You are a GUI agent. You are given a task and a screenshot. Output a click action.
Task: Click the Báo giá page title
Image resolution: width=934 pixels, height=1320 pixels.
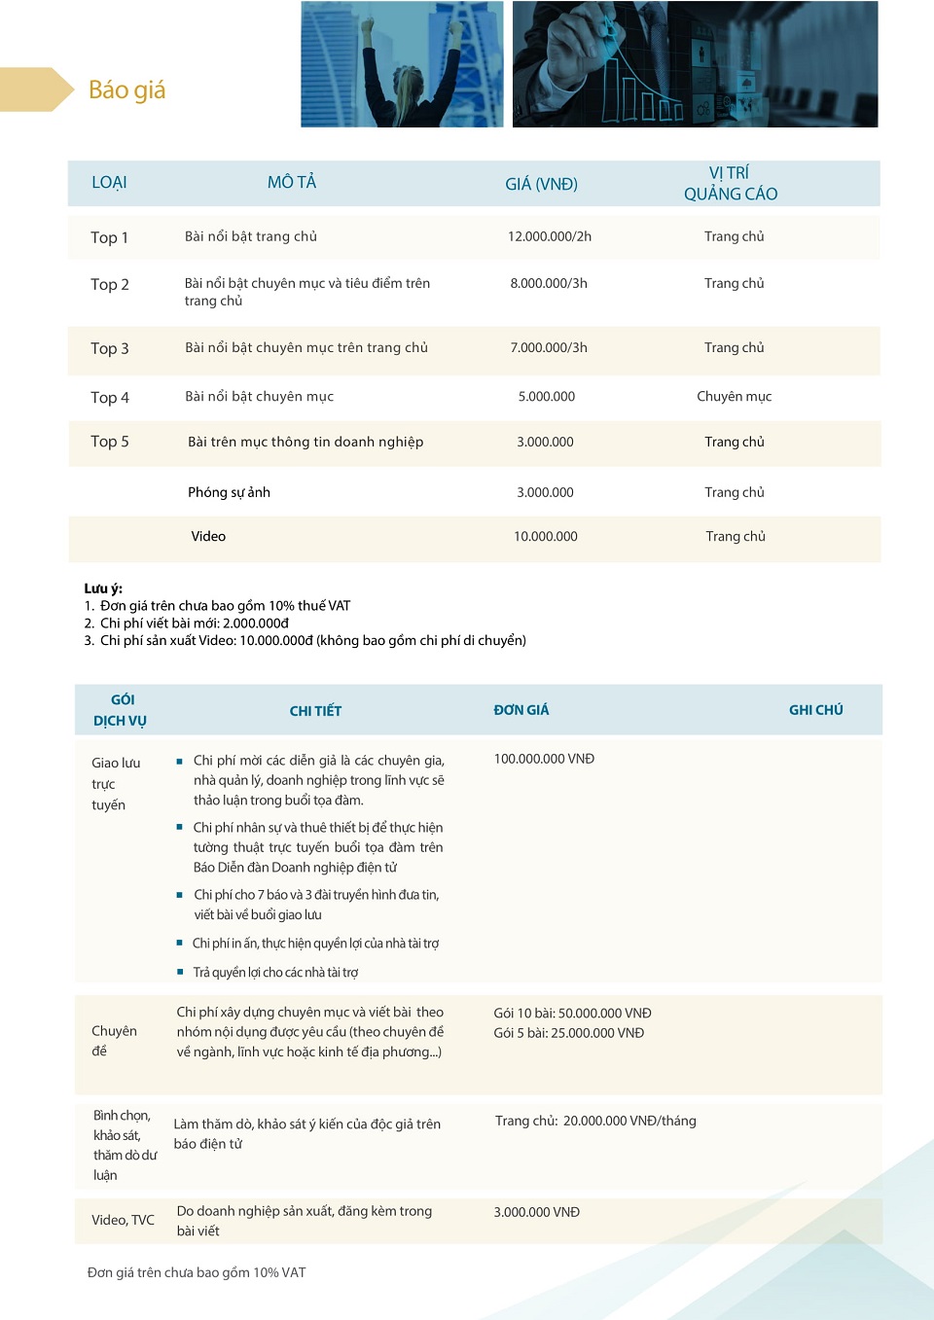126,90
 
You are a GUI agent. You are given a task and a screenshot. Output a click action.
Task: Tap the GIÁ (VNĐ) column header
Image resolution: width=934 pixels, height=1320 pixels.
541,184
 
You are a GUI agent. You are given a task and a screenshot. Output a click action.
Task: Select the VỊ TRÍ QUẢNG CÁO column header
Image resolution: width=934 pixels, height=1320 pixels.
730,183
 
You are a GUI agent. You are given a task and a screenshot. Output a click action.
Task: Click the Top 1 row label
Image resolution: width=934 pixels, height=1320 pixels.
109,237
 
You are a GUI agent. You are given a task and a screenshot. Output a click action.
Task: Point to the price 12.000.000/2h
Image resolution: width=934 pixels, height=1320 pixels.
549,236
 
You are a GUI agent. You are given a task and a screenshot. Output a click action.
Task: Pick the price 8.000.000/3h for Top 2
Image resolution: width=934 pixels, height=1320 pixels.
549,283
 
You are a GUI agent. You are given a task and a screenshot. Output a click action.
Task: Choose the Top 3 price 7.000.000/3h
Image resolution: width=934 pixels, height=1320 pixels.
549,347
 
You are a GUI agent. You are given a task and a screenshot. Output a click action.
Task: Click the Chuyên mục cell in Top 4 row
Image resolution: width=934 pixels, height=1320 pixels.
734,396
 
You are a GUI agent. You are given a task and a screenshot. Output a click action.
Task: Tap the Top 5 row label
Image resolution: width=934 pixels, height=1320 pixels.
109,442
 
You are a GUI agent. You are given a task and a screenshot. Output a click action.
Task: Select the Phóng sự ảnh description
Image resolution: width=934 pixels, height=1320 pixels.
229,492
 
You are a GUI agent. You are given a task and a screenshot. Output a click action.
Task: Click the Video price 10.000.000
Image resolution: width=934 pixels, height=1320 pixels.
545,536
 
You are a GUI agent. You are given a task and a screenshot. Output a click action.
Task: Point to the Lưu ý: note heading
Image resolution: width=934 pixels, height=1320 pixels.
103,589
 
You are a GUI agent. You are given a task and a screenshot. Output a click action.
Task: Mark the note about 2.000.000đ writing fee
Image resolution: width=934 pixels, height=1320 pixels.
194,623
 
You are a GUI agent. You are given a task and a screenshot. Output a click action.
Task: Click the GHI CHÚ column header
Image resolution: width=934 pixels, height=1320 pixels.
815,710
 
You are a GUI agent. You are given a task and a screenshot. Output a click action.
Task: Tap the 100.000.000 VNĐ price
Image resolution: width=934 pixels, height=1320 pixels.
544,759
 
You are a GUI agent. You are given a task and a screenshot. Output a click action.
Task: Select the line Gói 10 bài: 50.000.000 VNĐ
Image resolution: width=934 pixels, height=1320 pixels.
572,1013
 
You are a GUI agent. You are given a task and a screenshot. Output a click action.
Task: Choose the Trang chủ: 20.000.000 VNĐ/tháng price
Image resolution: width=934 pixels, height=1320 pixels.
595,1121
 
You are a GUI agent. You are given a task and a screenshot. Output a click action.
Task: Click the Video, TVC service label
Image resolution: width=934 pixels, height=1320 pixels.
123,1220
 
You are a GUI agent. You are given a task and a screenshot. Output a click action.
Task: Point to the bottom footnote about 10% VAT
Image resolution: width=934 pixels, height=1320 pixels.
197,1272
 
